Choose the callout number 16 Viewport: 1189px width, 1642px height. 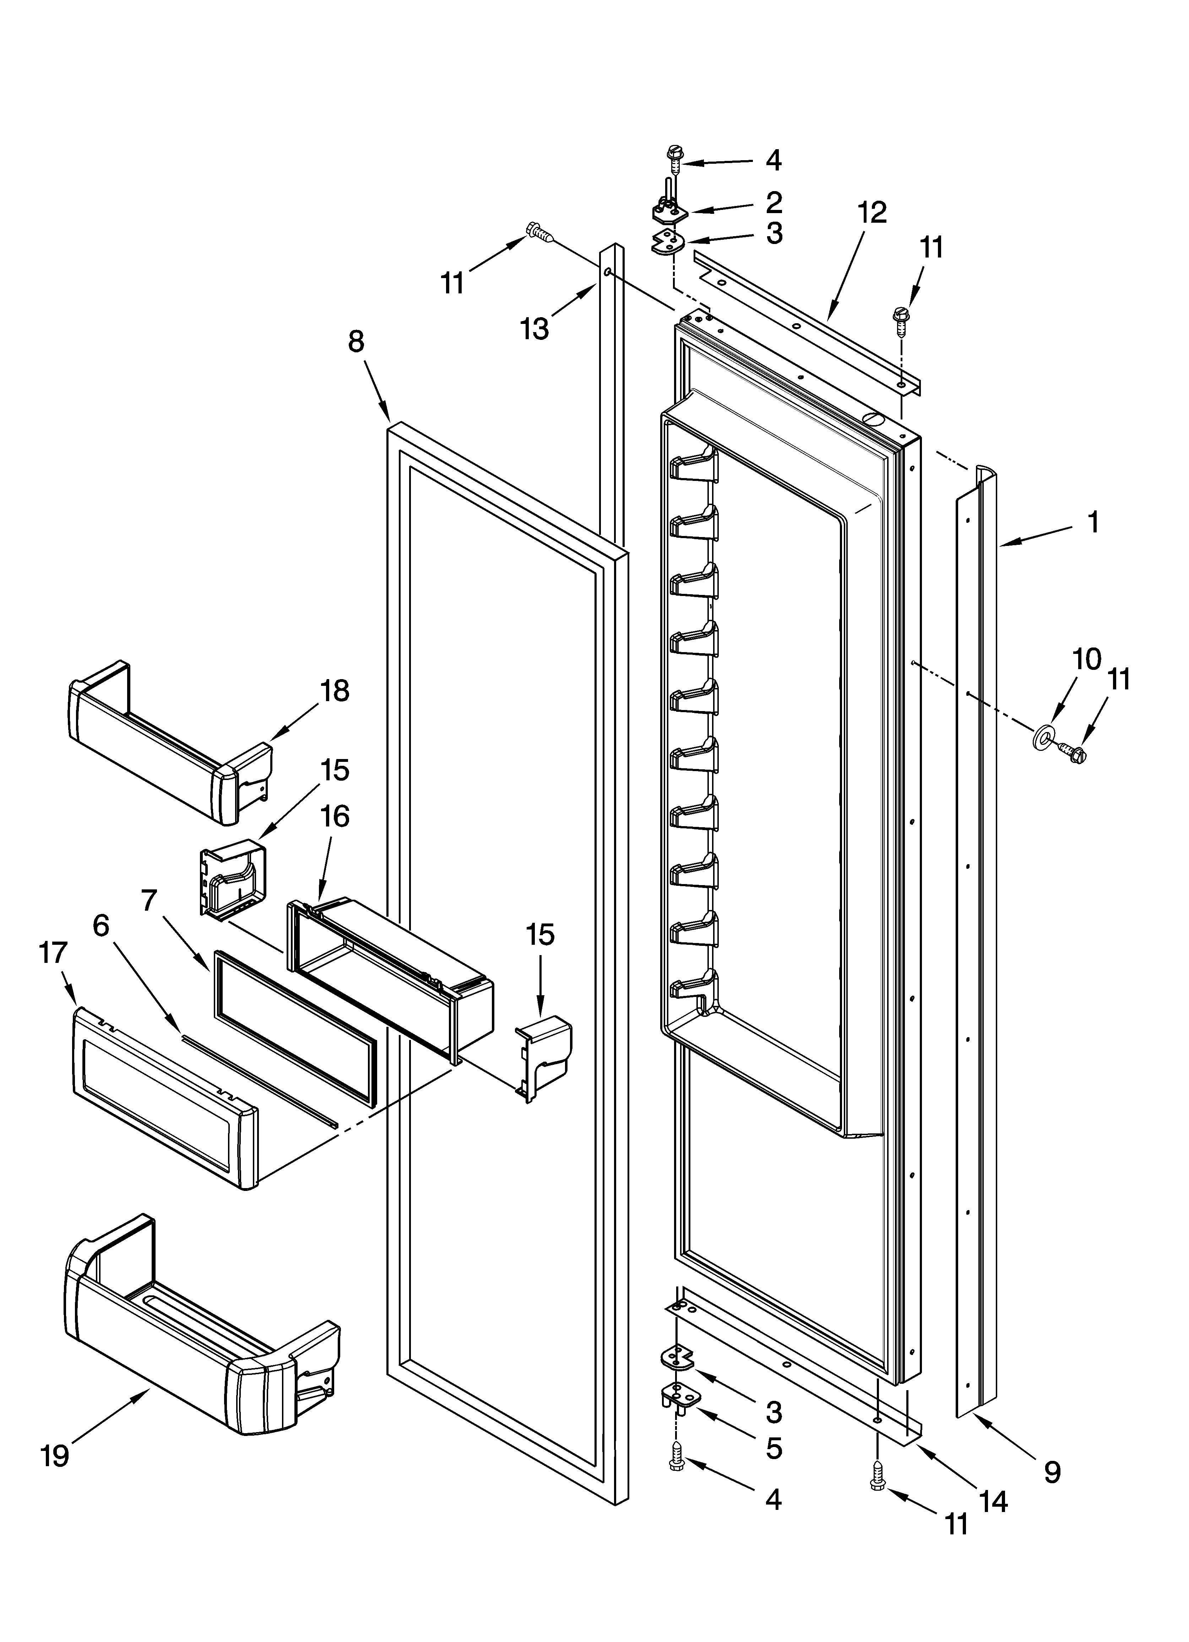(335, 817)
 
